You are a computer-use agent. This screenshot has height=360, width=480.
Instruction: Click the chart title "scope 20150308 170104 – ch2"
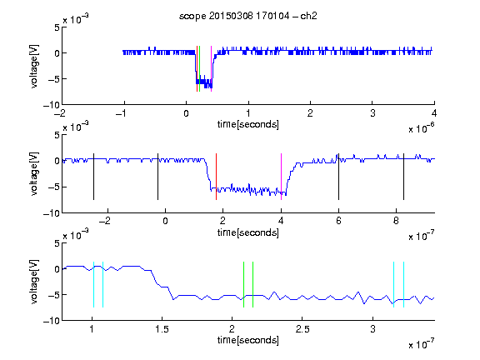(x=248, y=16)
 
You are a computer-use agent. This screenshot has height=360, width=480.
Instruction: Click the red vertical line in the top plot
(x=197, y=68)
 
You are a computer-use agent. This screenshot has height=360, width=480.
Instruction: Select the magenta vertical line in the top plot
(x=211, y=68)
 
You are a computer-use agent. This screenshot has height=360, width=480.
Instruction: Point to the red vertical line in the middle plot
(x=216, y=177)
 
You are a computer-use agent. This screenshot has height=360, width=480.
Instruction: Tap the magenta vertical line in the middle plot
(x=282, y=177)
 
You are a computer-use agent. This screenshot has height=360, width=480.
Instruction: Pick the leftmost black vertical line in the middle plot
(x=93, y=177)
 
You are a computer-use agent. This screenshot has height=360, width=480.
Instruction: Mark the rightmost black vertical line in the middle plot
(x=403, y=177)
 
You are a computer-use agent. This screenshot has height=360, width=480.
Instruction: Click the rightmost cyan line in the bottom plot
(x=404, y=284)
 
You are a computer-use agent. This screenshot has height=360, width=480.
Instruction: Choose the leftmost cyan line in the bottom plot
(x=93, y=284)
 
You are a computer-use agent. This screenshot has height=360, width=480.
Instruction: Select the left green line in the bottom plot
(x=243, y=284)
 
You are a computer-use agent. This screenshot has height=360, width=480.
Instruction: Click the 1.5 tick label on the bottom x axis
(x=162, y=329)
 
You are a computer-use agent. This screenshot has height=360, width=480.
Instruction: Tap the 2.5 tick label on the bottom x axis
(x=302, y=329)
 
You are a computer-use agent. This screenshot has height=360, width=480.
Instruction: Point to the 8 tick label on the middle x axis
(x=396, y=221)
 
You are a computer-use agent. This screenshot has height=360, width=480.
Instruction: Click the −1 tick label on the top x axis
(x=122, y=113)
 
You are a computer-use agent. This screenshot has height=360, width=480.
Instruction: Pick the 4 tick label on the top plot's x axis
(x=434, y=113)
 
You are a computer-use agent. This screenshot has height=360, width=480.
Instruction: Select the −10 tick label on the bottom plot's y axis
(x=52, y=321)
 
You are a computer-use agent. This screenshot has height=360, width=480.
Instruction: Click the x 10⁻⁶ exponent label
(x=422, y=128)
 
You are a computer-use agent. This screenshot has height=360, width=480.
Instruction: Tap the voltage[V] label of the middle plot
(x=34, y=173)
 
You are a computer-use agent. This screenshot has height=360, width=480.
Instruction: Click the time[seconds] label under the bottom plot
(x=248, y=340)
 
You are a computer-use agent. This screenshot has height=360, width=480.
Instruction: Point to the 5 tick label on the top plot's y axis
(x=57, y=27)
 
